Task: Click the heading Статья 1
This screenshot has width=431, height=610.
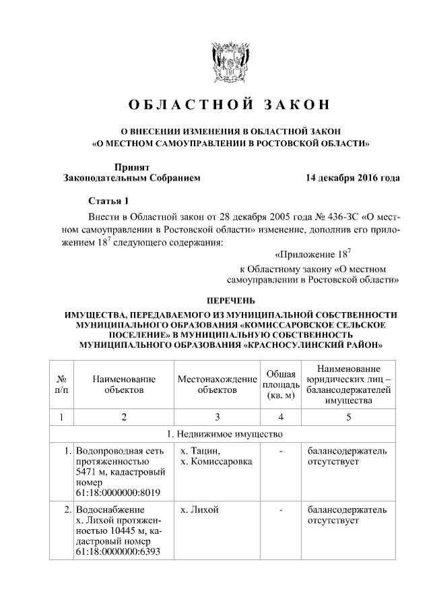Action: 107,202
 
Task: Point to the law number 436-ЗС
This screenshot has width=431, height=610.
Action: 341,218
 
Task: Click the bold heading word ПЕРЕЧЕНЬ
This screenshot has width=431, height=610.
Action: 230,301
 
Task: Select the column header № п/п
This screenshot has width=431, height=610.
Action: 61,384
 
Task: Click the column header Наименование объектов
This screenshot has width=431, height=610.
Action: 124,384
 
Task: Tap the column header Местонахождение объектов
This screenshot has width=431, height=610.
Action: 217,384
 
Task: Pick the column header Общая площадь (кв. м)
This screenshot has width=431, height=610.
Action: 279,384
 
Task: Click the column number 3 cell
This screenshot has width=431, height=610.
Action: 217,417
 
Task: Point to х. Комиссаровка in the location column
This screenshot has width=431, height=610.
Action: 216,462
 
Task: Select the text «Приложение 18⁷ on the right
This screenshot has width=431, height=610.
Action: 313,255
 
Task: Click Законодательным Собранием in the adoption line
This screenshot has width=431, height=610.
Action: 131,179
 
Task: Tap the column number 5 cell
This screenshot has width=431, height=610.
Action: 348,417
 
